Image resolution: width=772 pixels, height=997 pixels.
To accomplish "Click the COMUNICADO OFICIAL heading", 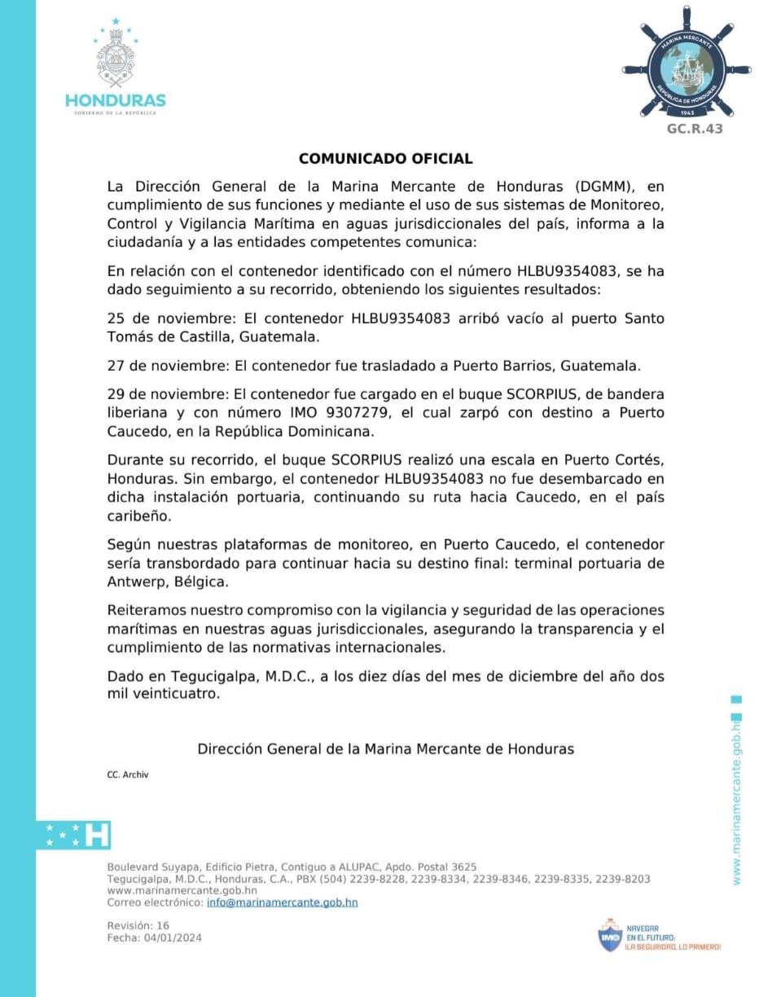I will point(385,159).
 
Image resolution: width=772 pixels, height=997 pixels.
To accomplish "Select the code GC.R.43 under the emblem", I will point(695,129).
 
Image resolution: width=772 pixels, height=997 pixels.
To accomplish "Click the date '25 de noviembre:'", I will point(158,318).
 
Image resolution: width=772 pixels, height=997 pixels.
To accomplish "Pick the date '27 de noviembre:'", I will point(158,365).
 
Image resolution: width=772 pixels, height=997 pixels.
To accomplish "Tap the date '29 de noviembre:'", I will point(158,394).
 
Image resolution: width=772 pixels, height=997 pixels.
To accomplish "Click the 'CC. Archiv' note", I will point(128,775).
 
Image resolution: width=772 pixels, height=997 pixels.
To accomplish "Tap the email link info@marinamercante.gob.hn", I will point(282,903).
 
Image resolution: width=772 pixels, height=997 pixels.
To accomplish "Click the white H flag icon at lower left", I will point(97,834).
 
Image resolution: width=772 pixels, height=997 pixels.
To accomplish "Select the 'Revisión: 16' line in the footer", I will point(138,926).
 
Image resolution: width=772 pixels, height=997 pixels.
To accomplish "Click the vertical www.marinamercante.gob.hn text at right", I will point(736,798).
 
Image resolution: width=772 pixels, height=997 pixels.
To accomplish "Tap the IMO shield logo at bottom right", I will point(610,937).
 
